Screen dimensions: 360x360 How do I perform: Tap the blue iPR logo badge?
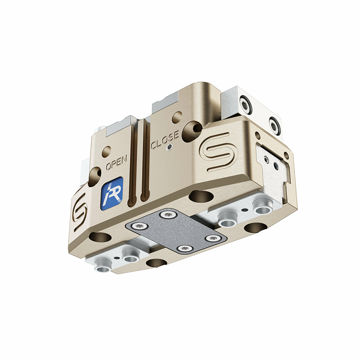(x=112, y=194)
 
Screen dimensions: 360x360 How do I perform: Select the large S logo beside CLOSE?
(x=215, y=152)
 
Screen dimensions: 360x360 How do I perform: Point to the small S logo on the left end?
(x=80, y=212)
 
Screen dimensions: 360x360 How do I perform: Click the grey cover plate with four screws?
(x=176, y=233)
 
